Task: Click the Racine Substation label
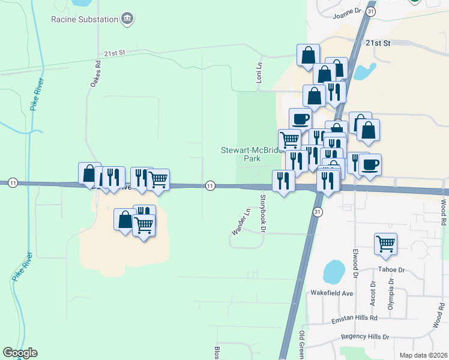[x=84, y=19]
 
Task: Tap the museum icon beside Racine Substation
[x=127, y=19]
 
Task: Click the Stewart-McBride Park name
[x=250, y=155]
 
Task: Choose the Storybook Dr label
[x=262, y=212]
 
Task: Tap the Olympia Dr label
[x=391, y=291]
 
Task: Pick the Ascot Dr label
[x=373, y=292]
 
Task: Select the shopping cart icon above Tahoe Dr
[x=386, y=244]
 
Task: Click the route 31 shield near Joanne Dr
[x=372, y=11]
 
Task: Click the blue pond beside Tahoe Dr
[x=334, y=272]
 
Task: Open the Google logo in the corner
[x=20, y=353]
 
